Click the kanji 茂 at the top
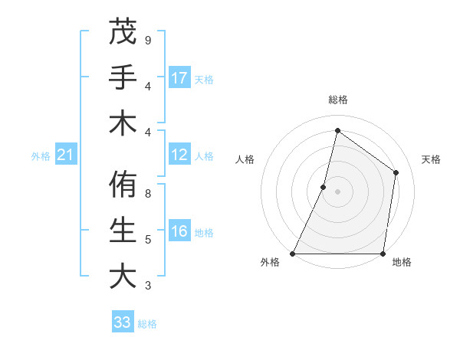tap(123, 31)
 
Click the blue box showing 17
tap(179, 77)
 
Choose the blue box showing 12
tap(179, 155)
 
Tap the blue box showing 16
tap(179, 231)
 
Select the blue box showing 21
tap(66, 155)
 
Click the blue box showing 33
tap(123, 322)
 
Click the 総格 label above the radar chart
tap(337, 100)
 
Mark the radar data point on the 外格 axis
tap(293, 254)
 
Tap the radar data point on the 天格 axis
tap(396, 172)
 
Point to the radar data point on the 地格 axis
tap(383, 254)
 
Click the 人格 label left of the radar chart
tap(245, 159)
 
